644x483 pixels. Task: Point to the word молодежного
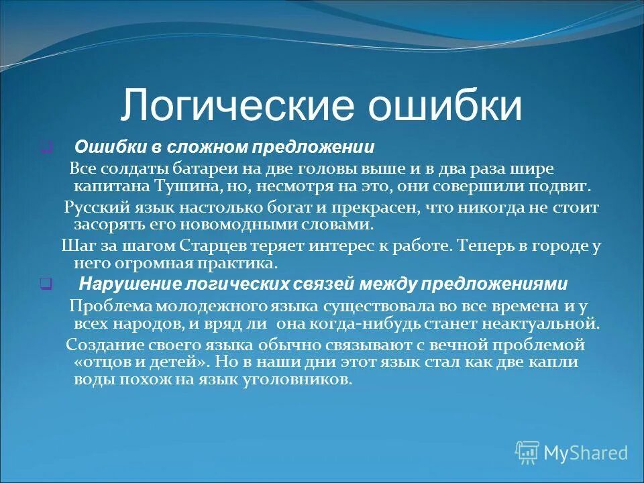tap(205, 306)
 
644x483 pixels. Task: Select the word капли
tap(557, 362)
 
